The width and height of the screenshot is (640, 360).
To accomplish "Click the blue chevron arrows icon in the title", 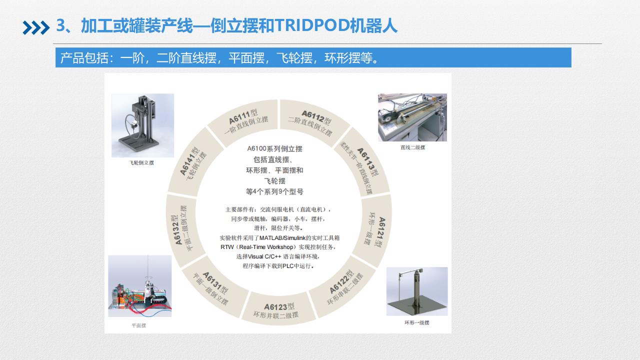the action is (x=36, y=27).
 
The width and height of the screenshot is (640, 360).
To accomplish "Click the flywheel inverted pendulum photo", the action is (x=142, y=125).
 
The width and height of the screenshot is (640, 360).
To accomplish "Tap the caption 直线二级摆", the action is (x=412, y=147).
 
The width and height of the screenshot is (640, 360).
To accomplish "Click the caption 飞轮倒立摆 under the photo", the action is (x=141, y=163).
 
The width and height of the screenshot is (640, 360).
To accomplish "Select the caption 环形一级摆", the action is (x=417, y=323).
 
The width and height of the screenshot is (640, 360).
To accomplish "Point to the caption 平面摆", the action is (x=139, y=325).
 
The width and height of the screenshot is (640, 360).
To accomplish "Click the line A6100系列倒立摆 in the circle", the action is (x=274, y=149).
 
